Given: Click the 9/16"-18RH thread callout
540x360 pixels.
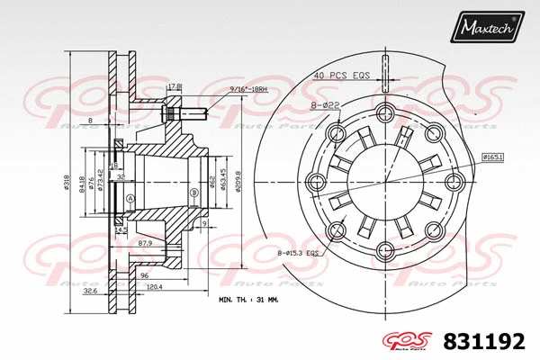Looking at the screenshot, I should click(249, 90).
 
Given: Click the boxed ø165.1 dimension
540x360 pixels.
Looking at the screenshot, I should click(491, 157).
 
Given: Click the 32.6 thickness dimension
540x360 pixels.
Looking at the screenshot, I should click(90, 292).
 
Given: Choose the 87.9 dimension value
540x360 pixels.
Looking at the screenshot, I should click(144, 243).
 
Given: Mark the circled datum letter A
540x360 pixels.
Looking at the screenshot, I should click(131, 198).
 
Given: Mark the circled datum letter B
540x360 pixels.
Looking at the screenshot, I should click(193, 192).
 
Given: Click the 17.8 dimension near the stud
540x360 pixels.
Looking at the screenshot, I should click(175, 86).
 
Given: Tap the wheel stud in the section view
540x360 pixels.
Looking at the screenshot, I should click(183, 114).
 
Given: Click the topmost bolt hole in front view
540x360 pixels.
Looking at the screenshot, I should click(385, 113).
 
